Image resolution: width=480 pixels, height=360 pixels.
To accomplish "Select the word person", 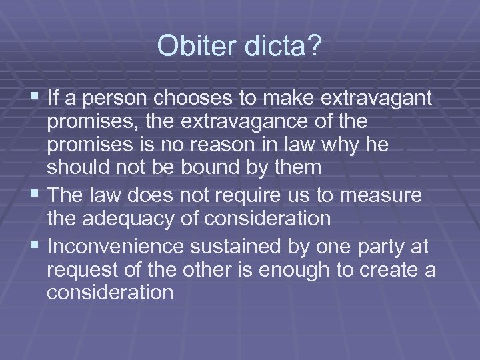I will click(x=114, y=99).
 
